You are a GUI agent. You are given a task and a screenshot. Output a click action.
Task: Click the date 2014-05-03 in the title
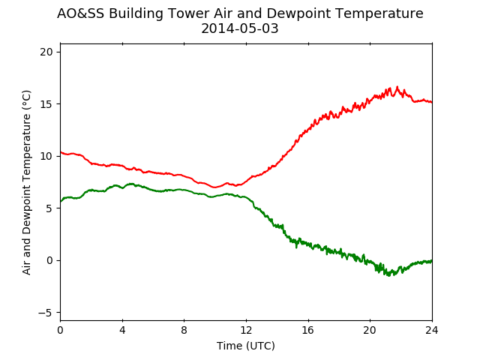(x=240, y=28)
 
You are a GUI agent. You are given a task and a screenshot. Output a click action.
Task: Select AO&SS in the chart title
(x=80, y=13)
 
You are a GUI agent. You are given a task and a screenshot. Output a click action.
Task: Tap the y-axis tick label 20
(x=46, y=52)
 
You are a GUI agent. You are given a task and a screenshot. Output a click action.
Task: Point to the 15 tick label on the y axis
(x=46, y=104)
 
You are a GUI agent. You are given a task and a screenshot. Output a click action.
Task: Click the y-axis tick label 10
(x=46, y=157)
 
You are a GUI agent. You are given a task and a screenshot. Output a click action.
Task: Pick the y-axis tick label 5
(x=49, y=208)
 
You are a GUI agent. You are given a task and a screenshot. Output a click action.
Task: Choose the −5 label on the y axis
(x=46, y=313)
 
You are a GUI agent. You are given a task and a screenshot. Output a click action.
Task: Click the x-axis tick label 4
(x=122, y=330)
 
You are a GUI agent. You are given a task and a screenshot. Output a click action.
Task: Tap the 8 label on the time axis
(x=184, y=330)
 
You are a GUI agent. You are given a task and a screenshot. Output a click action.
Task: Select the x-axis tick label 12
(x=246, y=330)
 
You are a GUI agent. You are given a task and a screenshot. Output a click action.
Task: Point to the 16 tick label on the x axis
(x=308, y=330)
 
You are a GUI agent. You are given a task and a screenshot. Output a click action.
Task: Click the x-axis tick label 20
(x=370, y=330)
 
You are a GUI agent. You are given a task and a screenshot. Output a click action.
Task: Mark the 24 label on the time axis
(x=432, y=330)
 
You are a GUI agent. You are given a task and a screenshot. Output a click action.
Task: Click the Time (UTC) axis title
(x=246, y=346)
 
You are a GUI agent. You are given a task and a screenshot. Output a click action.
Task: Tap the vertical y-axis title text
(x=27, y=182)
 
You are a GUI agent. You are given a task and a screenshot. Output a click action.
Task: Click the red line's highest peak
(x=397, y=87)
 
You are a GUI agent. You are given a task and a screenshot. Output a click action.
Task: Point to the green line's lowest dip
(x=389, y=275)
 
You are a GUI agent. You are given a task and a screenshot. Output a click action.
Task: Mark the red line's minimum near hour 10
(x=215, y=187)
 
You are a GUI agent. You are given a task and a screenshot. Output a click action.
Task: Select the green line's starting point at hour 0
(x=61, y=202)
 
